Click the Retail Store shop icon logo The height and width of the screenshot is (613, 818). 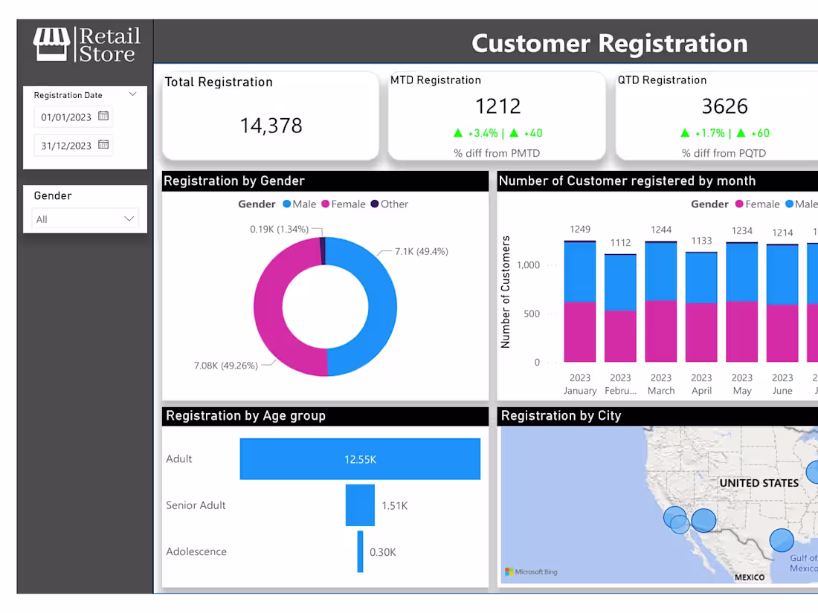51,45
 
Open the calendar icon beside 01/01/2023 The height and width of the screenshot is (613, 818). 103,117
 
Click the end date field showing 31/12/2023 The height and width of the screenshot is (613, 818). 66,146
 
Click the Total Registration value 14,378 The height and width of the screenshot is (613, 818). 271,126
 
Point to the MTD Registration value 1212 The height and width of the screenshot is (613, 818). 497,106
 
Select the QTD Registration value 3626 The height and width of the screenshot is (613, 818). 724,106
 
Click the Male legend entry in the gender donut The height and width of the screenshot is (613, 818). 299,204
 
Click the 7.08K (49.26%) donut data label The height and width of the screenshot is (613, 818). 225,366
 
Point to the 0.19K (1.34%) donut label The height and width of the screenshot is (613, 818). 279,230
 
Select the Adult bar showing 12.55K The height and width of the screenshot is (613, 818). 360,459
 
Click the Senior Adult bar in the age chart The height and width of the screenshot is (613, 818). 360,505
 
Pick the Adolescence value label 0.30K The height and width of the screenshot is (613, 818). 383,552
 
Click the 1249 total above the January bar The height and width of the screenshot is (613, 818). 580,229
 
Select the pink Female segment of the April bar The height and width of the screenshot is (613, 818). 701,332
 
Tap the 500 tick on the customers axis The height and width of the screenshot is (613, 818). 532,314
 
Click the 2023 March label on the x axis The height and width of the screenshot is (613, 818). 661,384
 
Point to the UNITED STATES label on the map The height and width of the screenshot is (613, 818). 759,483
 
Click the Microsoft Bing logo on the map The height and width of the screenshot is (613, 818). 531,571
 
